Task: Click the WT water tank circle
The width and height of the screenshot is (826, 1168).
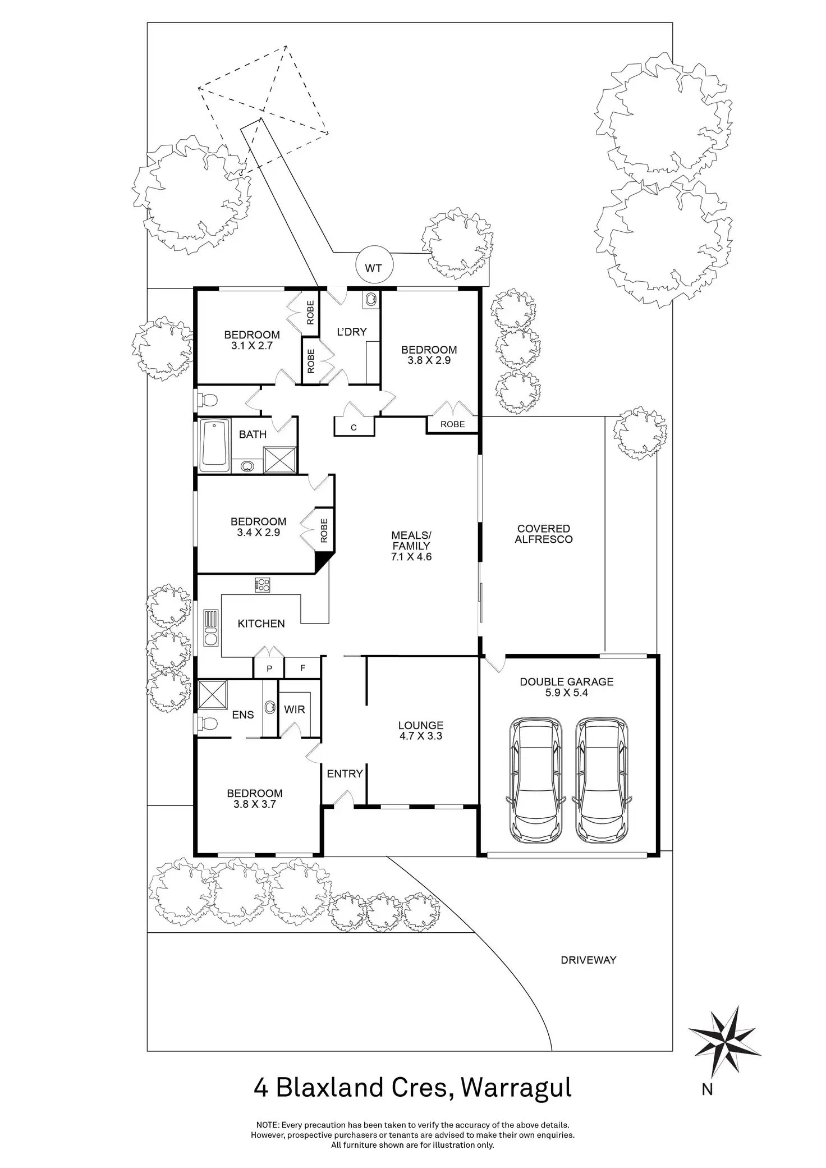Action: pos(374,267)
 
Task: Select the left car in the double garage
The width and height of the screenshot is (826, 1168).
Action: pos(535,780)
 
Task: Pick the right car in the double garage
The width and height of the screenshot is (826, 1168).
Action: pos(602,780)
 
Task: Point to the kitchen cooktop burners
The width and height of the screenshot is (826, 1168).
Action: pos(263,585)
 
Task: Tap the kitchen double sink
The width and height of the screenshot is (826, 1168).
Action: pos(211,628)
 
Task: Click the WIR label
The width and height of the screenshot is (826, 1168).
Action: pos(295,709)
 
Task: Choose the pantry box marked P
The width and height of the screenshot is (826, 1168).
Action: pos(269,668)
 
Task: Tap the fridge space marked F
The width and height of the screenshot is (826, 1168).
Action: pos(302,668)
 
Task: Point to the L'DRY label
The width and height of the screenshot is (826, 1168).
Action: pos(351,332)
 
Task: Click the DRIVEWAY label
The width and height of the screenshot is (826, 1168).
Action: pos(589,960)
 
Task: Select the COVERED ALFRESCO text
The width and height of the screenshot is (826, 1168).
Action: pos(544,534)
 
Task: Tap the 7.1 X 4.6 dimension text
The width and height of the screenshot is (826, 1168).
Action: pos(412,557)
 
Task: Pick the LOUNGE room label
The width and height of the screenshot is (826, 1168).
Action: pos(421,725)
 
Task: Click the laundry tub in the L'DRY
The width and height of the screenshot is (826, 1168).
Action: pos(371,300)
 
